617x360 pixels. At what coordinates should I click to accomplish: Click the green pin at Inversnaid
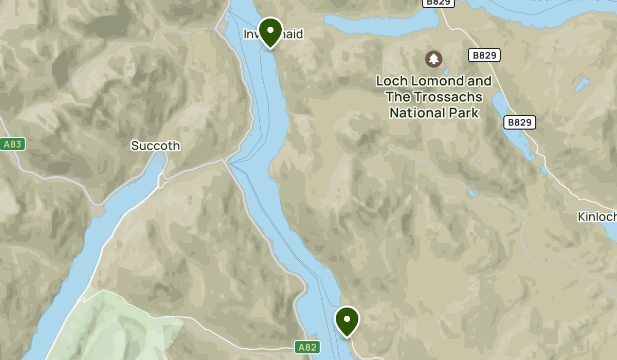coord(270,31)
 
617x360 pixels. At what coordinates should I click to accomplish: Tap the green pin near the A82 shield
coord(347,320)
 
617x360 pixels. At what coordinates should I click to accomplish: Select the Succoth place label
coord(155,146)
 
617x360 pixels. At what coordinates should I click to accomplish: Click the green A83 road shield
coord(12,144)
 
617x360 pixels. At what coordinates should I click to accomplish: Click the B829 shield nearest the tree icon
coord(484,55)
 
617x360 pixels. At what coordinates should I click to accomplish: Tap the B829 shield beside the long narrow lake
coord(519,122)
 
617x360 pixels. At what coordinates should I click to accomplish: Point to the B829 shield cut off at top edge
coord(438,3)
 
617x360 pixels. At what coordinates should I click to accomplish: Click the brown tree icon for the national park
coord(434,59)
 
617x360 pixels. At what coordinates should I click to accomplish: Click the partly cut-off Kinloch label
coord(596,217)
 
